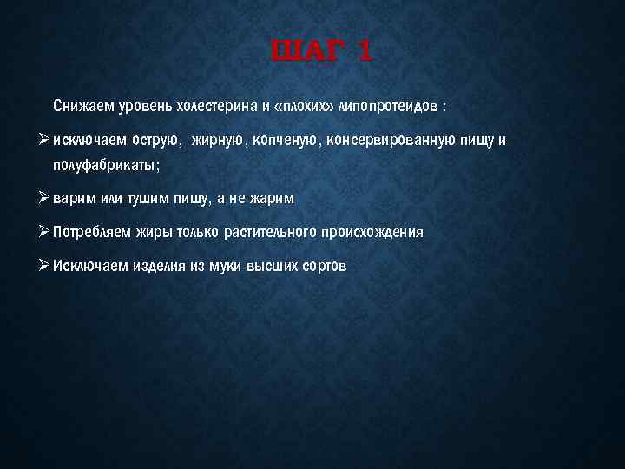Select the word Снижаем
[82, 107]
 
